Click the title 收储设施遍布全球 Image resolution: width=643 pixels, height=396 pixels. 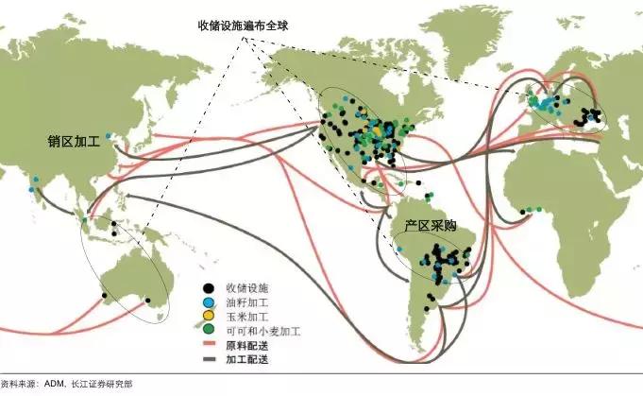tap(243, 26)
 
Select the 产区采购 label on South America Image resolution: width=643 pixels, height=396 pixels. tap(423, 228)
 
